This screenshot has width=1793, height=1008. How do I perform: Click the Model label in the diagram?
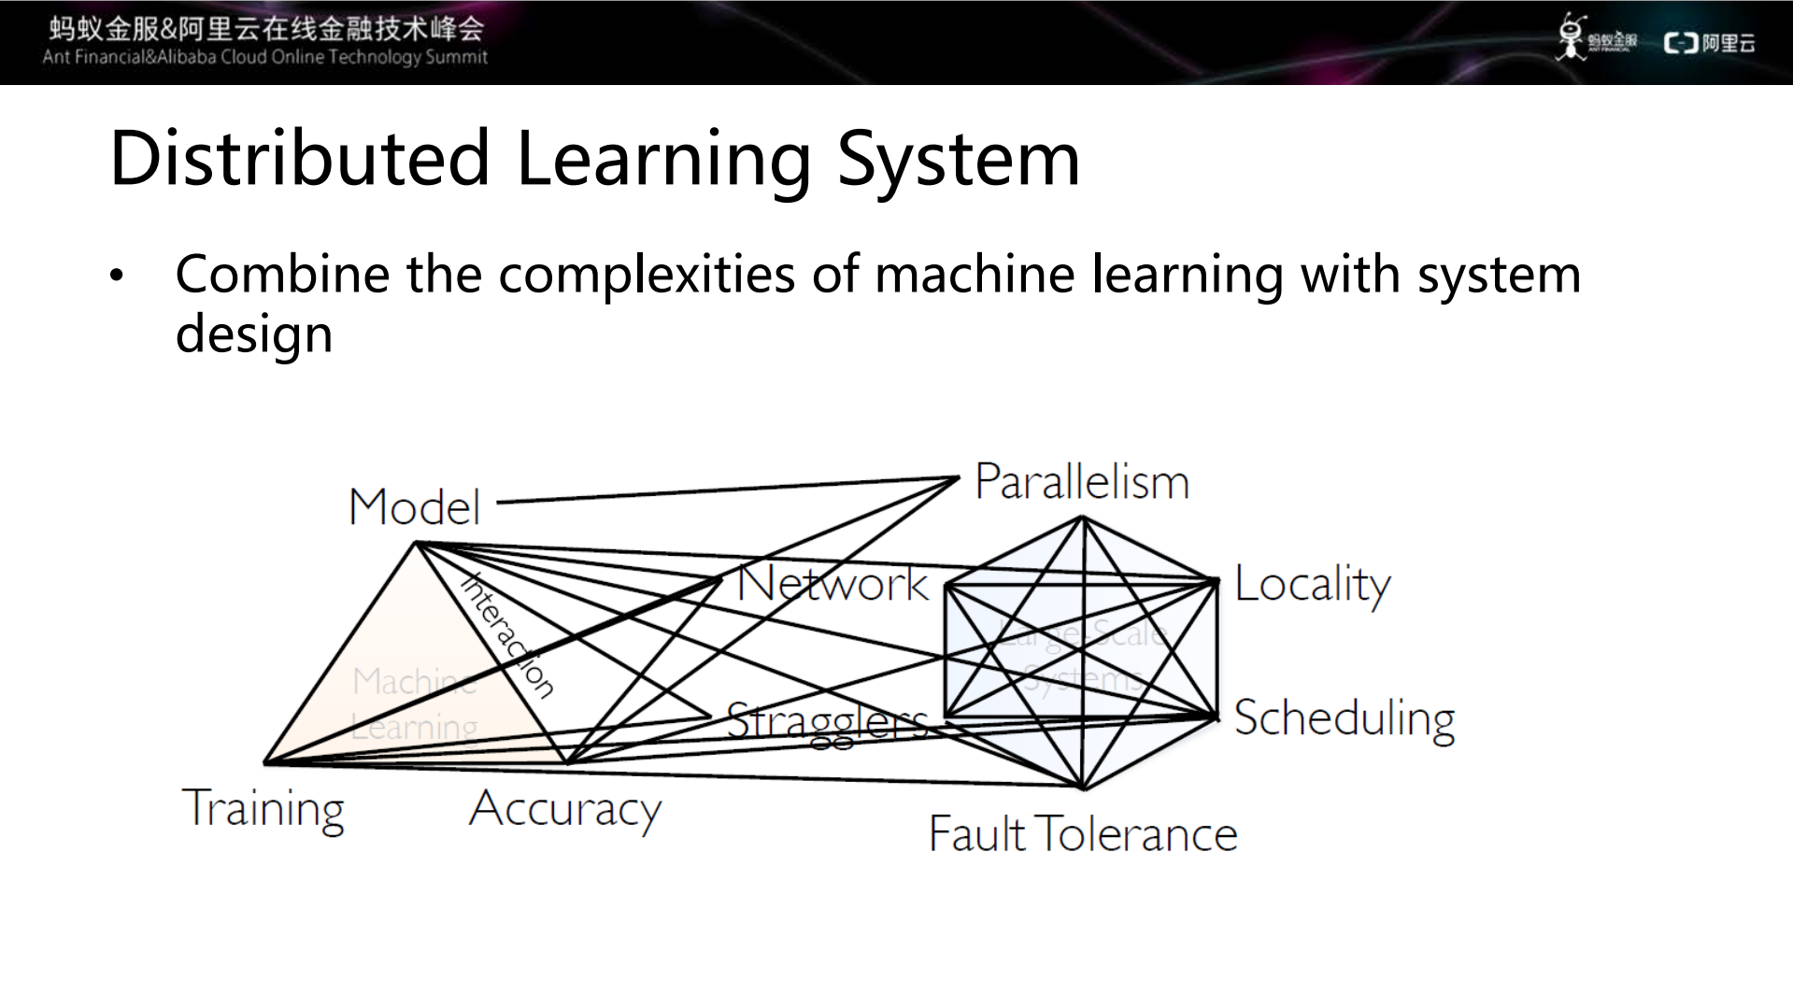pos(414,507)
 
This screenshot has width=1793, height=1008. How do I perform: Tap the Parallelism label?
pos(1081,482)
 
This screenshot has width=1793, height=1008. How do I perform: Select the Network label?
pos(832,584)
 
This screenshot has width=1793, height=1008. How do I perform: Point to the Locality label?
pos(1312,585)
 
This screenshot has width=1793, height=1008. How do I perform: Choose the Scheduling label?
pos(1344,719)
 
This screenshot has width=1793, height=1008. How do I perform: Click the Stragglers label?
pos(827,722)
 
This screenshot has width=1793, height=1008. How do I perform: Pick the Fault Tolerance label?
pos(1082,833)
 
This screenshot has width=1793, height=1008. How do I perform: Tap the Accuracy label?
pos(565,809)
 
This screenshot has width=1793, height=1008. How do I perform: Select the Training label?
pos(263,809)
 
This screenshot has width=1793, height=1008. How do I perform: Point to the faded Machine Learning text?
pos(415,703)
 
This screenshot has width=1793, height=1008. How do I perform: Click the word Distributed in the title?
pos(299,158)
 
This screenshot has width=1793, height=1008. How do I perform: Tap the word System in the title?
pos(958,158)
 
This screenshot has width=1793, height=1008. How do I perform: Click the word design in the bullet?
pos(254,334)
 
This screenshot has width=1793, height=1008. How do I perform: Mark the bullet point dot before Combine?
pos(116,277)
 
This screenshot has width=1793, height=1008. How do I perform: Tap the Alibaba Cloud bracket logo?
pos(1681,43)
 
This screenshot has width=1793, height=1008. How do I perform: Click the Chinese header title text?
pos(266,28)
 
